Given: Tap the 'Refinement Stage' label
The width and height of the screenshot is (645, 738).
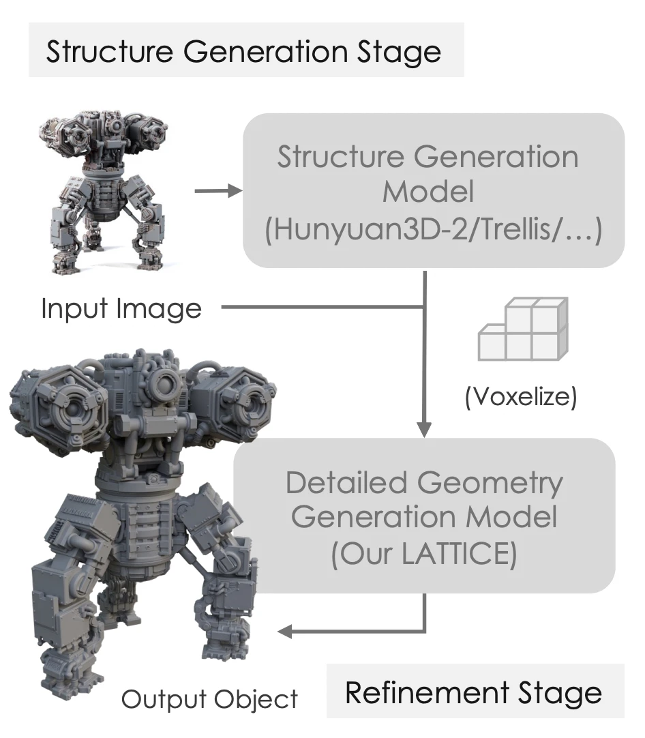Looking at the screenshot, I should pos(474,692).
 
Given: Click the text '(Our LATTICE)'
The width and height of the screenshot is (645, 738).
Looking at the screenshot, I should pos(423,555).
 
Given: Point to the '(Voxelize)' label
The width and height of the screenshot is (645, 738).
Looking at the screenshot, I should pos(521,397).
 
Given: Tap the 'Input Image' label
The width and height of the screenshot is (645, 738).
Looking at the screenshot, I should pos(121,309).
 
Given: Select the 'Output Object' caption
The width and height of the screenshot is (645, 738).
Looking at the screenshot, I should pos(209,699).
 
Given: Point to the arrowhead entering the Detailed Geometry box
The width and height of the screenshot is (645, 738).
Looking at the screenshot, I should pos(424,430).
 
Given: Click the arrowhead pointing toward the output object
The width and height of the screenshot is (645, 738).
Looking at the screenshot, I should pos(286,632).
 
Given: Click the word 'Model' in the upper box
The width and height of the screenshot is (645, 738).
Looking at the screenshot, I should pos(427,192).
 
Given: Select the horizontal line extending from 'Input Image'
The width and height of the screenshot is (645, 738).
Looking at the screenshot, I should pos(320,308).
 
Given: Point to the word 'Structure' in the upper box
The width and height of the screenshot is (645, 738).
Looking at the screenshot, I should pos(339,158).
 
